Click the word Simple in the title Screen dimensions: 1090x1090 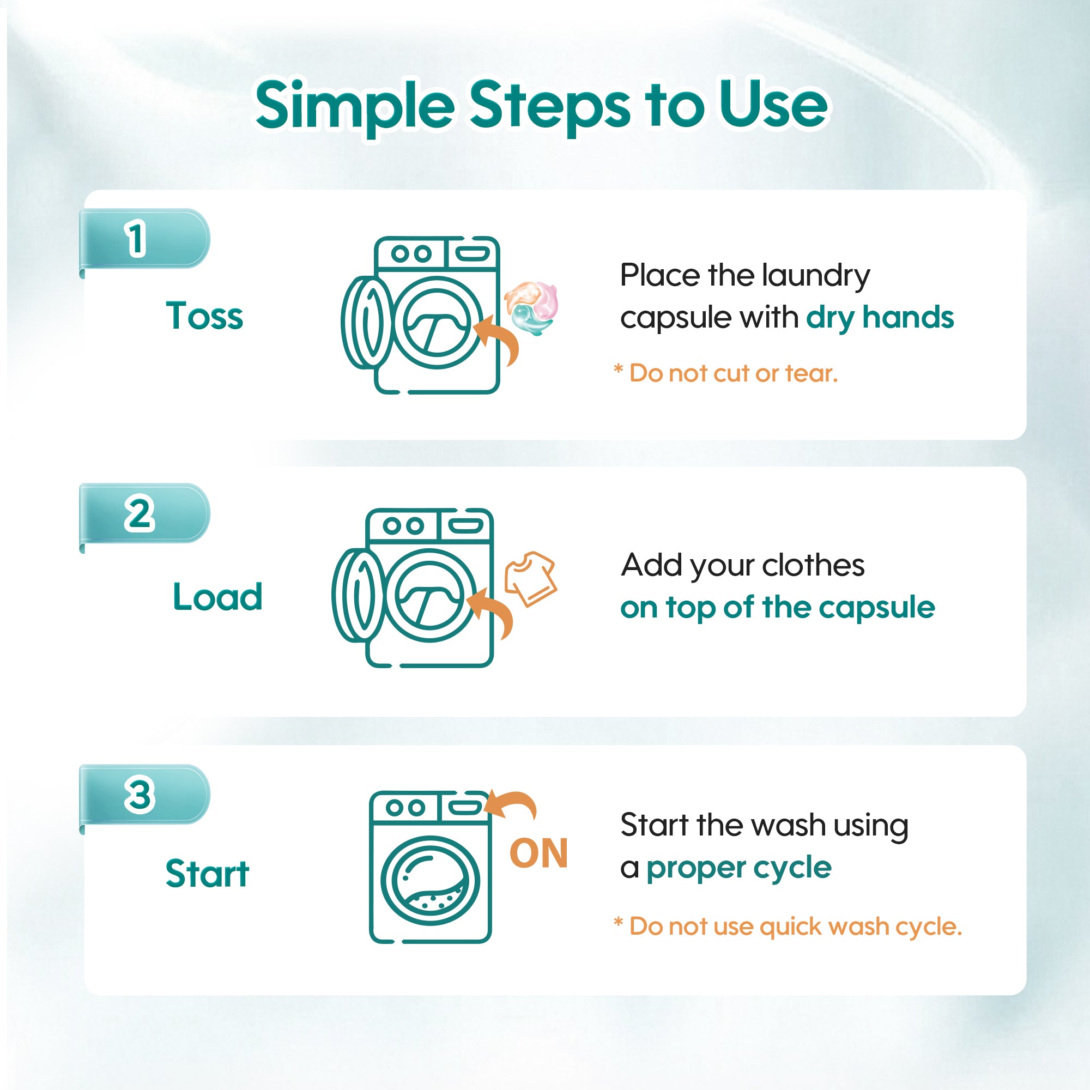[x=355, y=106]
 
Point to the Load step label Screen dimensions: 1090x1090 [x=218, y=596]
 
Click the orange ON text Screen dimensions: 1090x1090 [x=538, y=853]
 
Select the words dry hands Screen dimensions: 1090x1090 [x=880, y=318]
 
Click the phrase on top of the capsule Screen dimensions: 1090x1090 [x=778, y=608]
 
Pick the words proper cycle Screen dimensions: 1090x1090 [x=738, y=868]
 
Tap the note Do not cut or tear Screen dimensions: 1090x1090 [x=725, y=373]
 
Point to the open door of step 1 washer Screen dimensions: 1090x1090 [x=368, y=322]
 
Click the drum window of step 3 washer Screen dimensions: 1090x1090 [x=430, y=880]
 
